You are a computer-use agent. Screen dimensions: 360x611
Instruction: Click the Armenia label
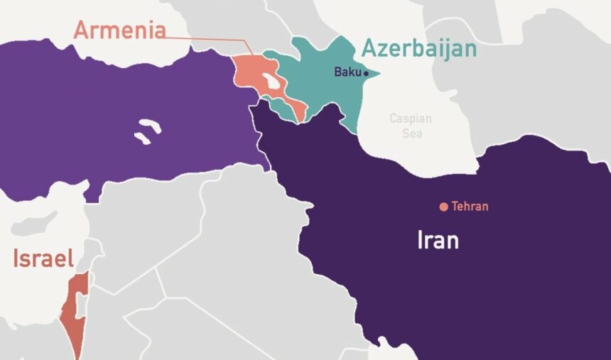point(120,30)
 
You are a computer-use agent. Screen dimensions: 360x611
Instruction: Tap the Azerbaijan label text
point(418,48)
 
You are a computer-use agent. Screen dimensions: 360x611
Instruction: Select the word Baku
point(347,72)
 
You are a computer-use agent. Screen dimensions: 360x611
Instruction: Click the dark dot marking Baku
point(366,73)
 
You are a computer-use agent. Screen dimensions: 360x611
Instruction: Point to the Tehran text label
point(470,207)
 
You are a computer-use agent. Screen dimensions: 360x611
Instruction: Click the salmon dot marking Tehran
point(443,207)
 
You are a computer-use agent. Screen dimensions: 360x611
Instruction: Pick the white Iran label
point(438,240)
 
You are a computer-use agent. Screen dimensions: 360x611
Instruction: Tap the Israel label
point(43,258)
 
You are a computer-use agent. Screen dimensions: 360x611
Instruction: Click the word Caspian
point(410,119)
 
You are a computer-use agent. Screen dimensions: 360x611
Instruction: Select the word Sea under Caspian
point(410,133)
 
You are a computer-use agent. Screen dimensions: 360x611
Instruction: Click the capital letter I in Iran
point(420,240)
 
